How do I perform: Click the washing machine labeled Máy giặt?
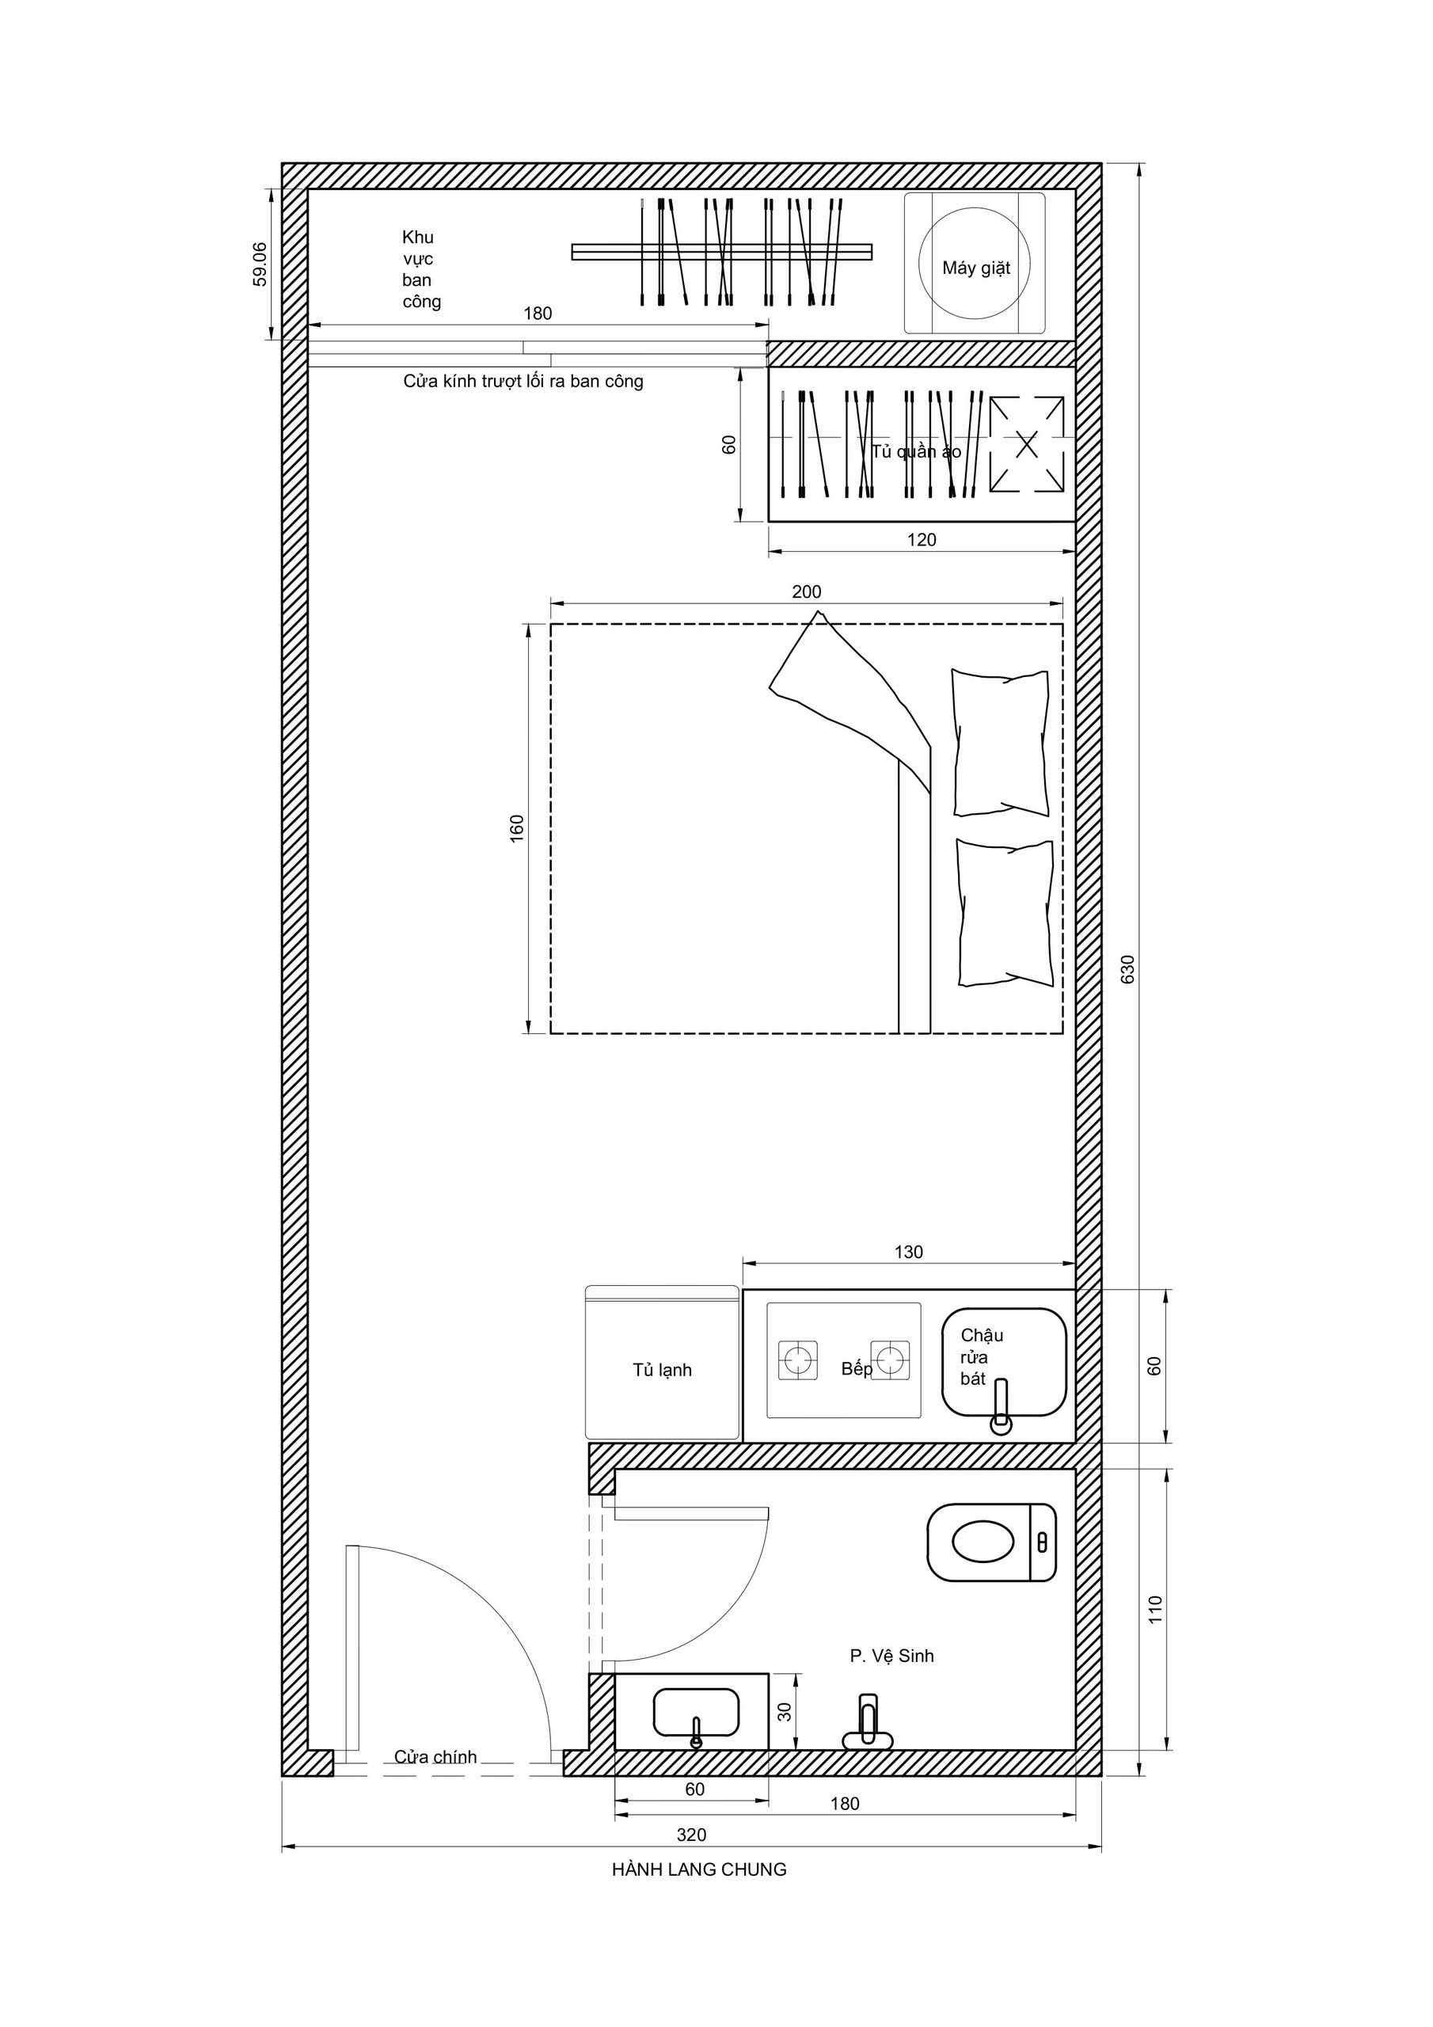click(974, 263)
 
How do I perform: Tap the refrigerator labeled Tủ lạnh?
click(662, 1362)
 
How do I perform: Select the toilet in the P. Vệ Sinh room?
click(991, 1542)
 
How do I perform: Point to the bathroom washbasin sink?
click(696, 1713)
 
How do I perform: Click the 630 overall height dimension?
click(1127, 969)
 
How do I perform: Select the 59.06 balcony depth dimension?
click(260, 264)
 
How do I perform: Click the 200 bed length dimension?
click(806, 591)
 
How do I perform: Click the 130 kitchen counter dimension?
click(909, 1252)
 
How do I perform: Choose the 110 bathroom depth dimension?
click(1155, 1608)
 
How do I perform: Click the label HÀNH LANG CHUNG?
click(699, 1869)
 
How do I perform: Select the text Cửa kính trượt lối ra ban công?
click(523, 382)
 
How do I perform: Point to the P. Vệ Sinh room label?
click(891, 1656)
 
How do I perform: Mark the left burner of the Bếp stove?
click(797, 1360)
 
